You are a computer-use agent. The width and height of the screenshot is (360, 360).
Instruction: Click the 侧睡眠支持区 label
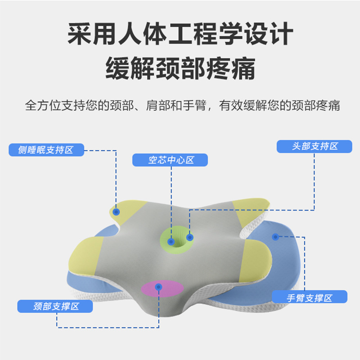pos(46,150)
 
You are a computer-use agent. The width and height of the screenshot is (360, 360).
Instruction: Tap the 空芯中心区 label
pos(171,160)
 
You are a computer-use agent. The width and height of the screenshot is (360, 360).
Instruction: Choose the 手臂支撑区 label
pos(310,297)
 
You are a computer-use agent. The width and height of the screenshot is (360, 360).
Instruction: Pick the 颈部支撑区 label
pos(55,306)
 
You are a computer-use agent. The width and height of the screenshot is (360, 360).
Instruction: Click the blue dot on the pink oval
pos(158,286)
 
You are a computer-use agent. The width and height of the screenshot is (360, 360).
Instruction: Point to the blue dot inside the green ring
pos(171,242)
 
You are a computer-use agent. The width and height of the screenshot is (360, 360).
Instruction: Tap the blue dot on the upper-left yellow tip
pos(116,211)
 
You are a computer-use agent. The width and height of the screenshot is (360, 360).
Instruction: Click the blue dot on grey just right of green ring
pos(189,237)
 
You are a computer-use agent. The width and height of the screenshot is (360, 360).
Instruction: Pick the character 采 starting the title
pos(79,34)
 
